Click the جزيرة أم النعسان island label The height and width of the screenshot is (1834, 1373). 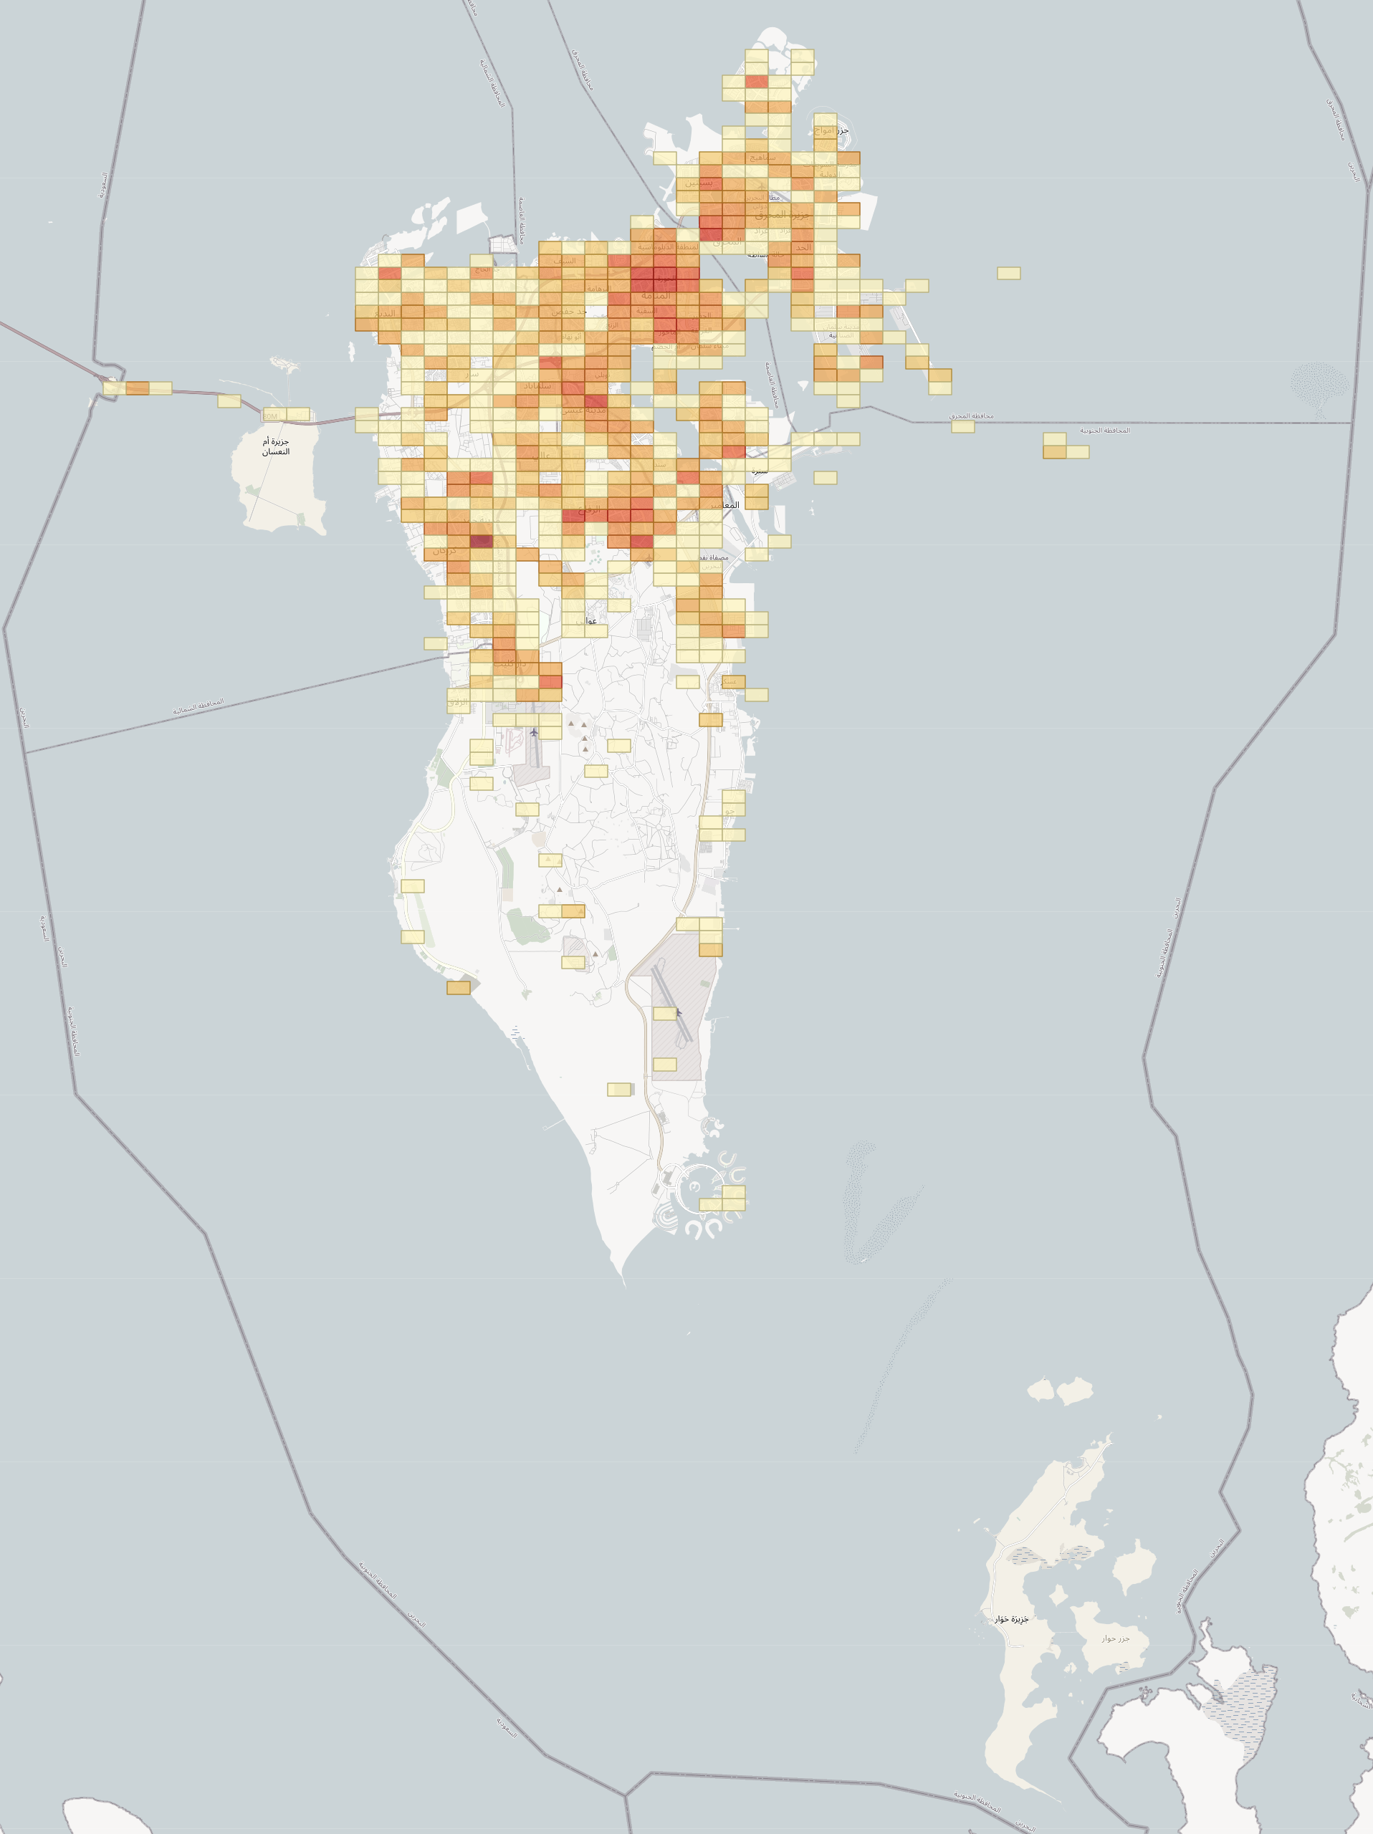(276, 446)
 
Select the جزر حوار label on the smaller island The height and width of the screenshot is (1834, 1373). (1115, 1638)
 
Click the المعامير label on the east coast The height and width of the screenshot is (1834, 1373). (724, 505)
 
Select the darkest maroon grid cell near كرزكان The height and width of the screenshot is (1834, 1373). (481, 542)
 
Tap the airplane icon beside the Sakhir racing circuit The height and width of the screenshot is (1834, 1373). (534, 732)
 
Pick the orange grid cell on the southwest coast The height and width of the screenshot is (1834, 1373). (459, 987)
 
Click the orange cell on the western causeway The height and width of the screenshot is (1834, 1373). (137, 388)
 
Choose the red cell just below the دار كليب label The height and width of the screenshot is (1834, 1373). (550, 682)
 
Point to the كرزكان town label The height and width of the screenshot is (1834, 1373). (444, 550)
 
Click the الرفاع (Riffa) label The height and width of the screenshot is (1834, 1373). (590, 511)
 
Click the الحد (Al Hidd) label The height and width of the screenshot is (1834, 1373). (803, 247)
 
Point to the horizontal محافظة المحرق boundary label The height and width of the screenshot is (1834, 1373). (971, 416)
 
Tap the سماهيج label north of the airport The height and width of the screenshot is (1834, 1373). (762, 158)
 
